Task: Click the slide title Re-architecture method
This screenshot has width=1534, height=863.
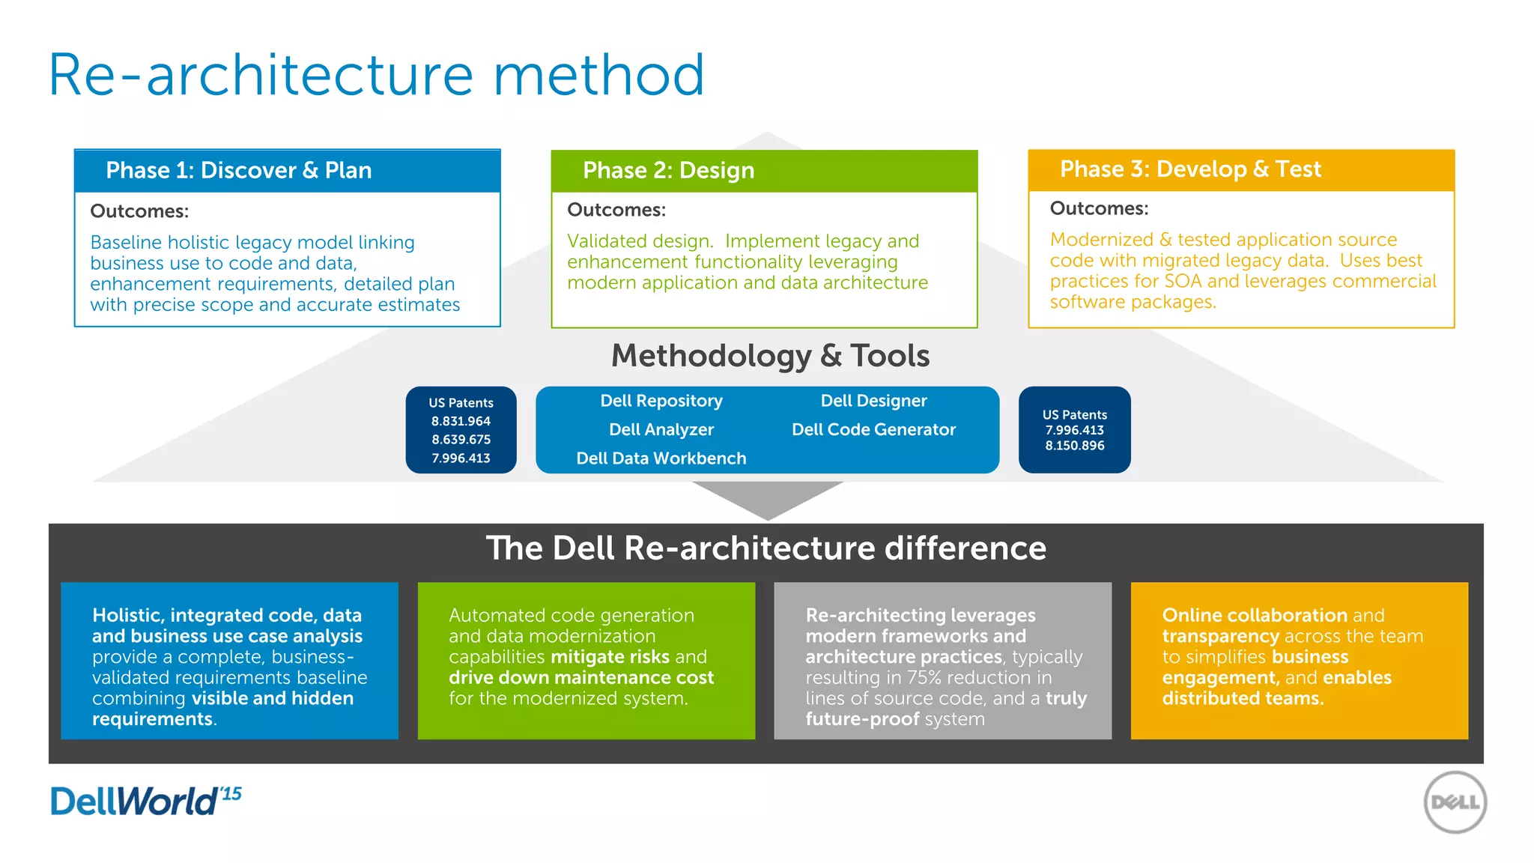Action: (376, 75)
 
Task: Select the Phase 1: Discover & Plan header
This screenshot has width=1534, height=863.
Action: (238, 171)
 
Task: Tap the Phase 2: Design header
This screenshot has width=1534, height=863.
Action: (668, 171)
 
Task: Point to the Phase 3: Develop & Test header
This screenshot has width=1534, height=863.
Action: (1190, 169)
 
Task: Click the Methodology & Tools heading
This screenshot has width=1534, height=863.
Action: (770, 356)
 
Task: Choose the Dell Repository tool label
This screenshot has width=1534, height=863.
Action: (661, 401)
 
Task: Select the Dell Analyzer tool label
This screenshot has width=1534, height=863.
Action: (661, 429)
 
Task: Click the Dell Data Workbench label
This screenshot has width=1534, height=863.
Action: (661, 458)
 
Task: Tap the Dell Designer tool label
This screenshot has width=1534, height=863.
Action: (873, 401)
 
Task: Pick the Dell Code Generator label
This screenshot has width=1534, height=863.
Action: (873, 429)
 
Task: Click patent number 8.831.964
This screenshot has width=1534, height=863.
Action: (461, 421)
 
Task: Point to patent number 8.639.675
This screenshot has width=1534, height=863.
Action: (461, 440)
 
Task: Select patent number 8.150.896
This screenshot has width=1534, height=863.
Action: (1075, 446)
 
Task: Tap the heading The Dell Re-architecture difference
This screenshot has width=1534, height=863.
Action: (766, 548)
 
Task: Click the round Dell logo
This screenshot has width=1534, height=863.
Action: (1455, 802)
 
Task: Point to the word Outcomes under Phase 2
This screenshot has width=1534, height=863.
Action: (616, 210)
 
